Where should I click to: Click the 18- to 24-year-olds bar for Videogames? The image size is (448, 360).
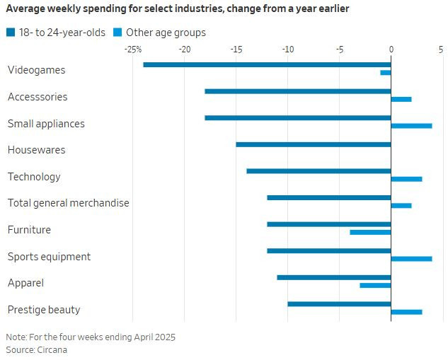click(267, 64)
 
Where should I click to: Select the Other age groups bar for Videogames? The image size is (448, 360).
click(386, 73)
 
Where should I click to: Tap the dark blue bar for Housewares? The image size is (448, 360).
click(314, 144)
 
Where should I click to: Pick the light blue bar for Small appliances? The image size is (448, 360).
click(411, 126)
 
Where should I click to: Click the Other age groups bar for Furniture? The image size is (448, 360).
click(370, 232)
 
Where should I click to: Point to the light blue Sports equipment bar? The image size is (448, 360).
click(411, 259)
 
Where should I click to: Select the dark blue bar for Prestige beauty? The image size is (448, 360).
click(339, 303)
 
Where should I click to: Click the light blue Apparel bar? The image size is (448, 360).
click(375, 285)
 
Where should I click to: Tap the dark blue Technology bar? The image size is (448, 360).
click(318, 170)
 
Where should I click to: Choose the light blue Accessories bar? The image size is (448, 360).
click(401, 99)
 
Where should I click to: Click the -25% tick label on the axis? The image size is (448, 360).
click(132, 50)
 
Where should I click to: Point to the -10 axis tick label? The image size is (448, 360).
click(287, 50)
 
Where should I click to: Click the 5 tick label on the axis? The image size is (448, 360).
click(440, 50)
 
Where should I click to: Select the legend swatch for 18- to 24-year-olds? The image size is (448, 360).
click(10, 33)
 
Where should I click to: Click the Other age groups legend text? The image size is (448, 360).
click(166, 33)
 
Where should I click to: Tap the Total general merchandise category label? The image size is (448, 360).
click(68, 203)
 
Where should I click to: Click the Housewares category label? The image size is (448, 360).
click(36, 150)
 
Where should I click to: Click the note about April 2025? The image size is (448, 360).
click(91, 337)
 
